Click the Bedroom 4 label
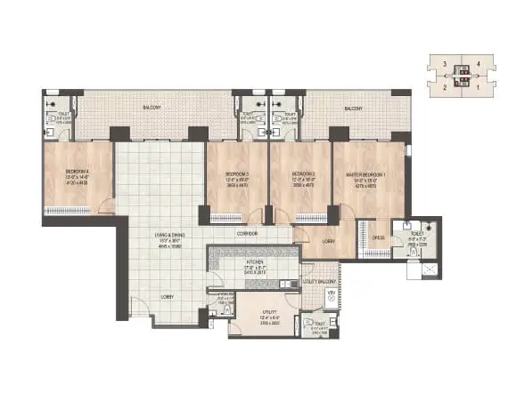(76, 173)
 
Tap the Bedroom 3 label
(237, 173)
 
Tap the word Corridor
(248, 234)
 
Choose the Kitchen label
(231, 262)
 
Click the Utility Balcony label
(318, 280)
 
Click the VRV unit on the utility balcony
(332, 297)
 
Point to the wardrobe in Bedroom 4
(67, 211)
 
